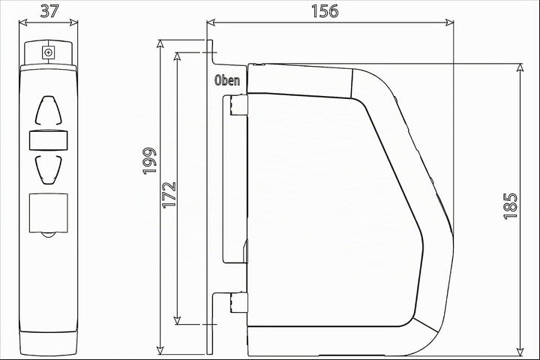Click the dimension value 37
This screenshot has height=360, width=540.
49,11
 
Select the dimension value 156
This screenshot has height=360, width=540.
325,11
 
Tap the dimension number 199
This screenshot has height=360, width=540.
150,161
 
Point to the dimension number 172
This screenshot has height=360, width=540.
169,195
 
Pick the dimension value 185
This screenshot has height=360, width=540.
511,206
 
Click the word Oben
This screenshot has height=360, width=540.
227,80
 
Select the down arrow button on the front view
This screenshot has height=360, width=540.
49,169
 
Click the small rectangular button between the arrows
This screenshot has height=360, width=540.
49,140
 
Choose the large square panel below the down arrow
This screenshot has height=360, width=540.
49,213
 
